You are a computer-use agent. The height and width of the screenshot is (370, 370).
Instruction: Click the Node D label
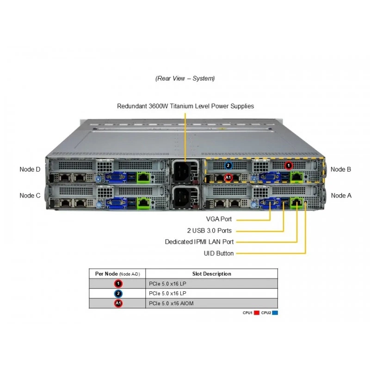coord(30,169)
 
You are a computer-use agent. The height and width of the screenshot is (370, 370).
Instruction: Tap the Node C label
coord(30,196)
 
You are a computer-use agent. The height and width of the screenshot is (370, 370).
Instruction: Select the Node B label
coord(341,169)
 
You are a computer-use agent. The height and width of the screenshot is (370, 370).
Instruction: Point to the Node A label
coord(341,196)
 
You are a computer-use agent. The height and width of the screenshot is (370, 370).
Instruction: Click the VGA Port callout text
coord(219,219)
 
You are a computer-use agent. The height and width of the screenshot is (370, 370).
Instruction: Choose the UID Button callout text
coord(218,253)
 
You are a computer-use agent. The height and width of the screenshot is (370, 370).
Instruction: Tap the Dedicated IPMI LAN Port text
coord(199,242)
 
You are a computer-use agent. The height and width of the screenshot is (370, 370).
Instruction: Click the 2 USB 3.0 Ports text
coord(210,230)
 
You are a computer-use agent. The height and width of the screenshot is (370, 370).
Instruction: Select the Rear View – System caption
coord(185,78)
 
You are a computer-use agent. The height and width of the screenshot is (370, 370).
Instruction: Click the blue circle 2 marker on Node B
coord(228,166)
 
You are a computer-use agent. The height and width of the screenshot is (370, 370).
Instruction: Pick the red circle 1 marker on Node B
coord(288,166)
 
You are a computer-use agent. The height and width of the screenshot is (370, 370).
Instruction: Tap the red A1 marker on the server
coord(228,177)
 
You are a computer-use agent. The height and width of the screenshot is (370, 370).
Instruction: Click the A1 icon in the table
coord(118,303)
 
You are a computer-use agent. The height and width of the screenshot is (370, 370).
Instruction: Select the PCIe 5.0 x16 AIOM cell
coord(171,303)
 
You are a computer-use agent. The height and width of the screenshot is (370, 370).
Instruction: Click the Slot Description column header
coord(212,274)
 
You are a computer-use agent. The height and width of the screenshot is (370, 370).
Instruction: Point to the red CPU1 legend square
coord(257,313)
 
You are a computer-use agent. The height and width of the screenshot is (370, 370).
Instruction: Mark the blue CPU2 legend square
coord(275,313)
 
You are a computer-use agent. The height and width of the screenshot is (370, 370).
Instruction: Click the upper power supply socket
coord(182,170)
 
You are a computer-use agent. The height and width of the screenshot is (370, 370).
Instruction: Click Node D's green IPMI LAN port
coord(143,177)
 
